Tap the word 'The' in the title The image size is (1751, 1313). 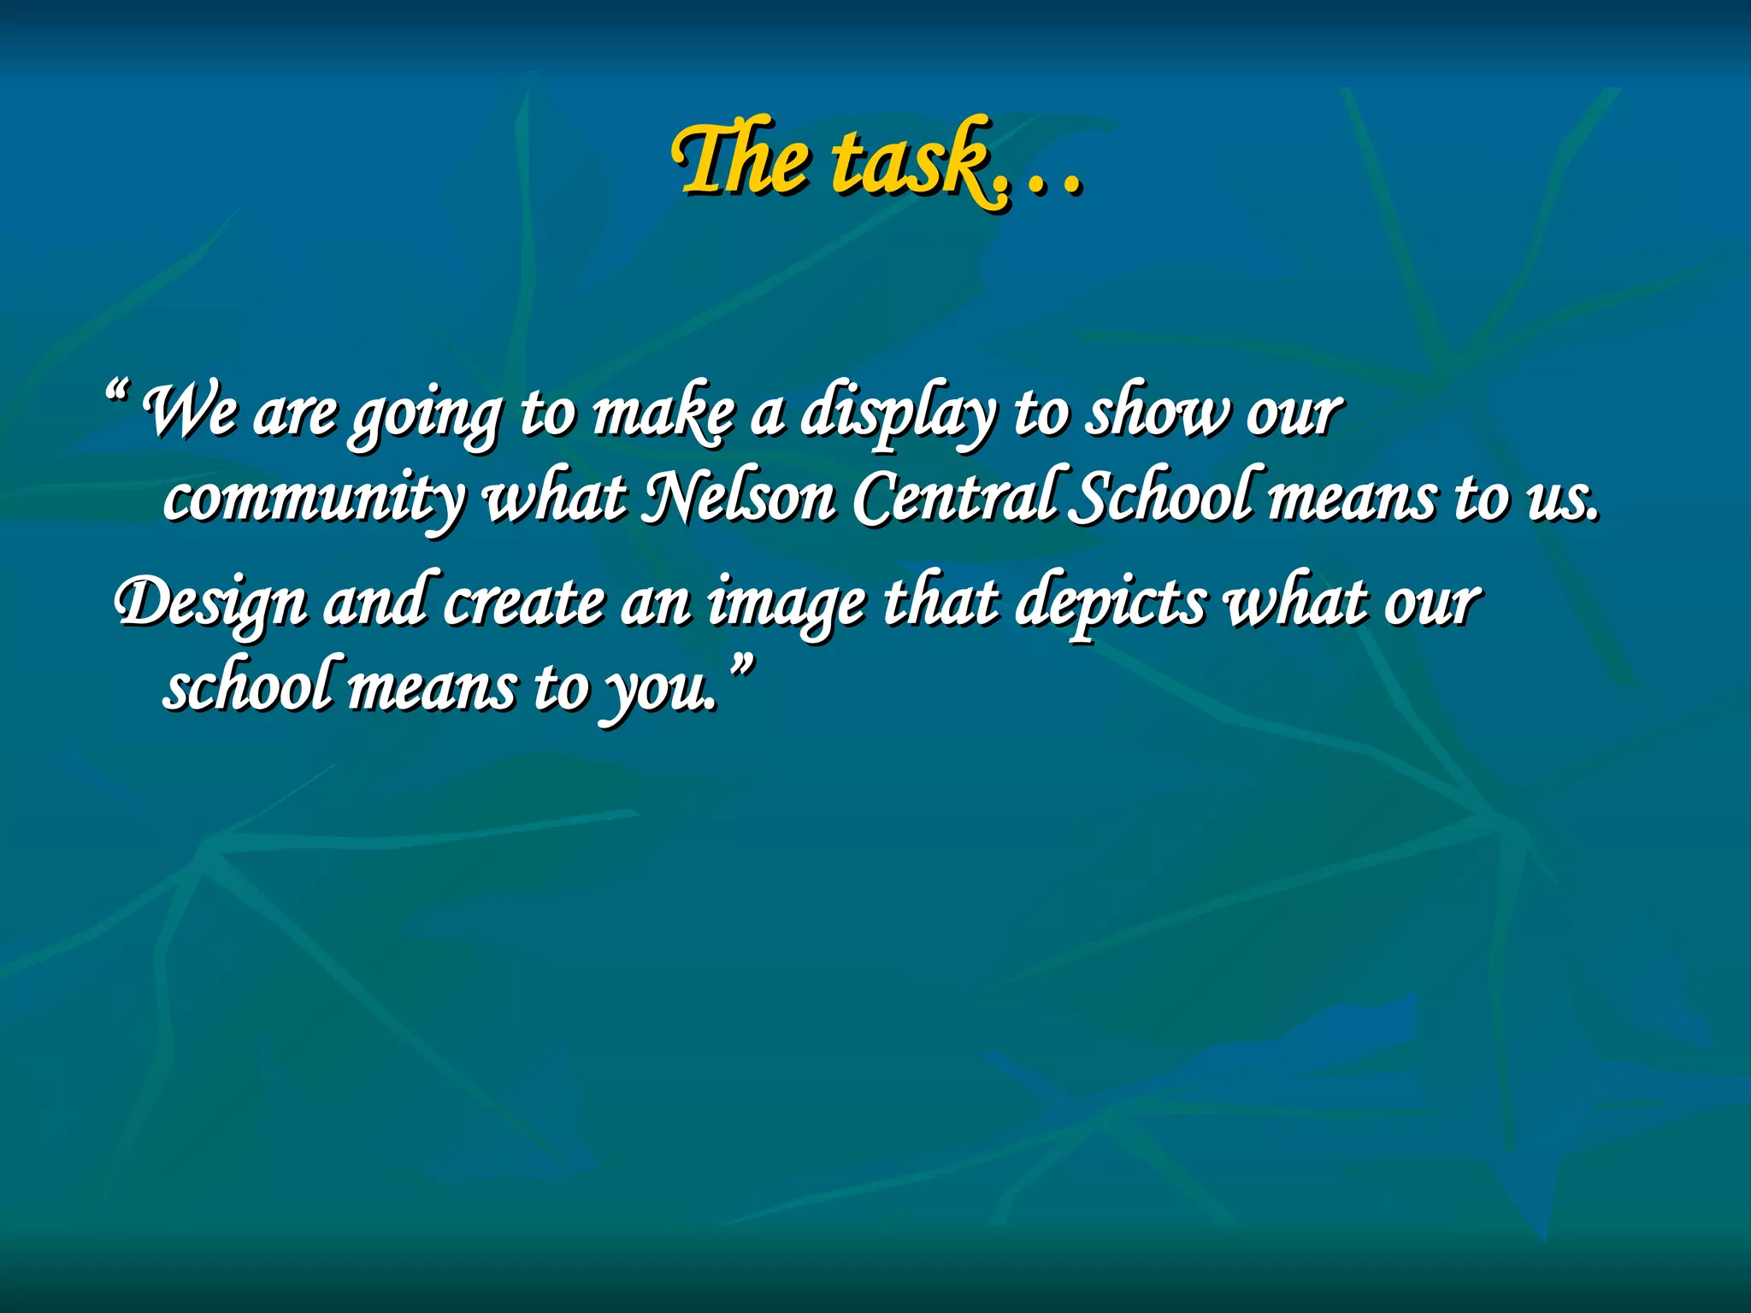pyautogui.click(x=739, y=159)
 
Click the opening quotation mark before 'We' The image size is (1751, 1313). pyautogui.click(x=116, y=394)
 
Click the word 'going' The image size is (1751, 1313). pyautogui.click(x=425, y=416)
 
